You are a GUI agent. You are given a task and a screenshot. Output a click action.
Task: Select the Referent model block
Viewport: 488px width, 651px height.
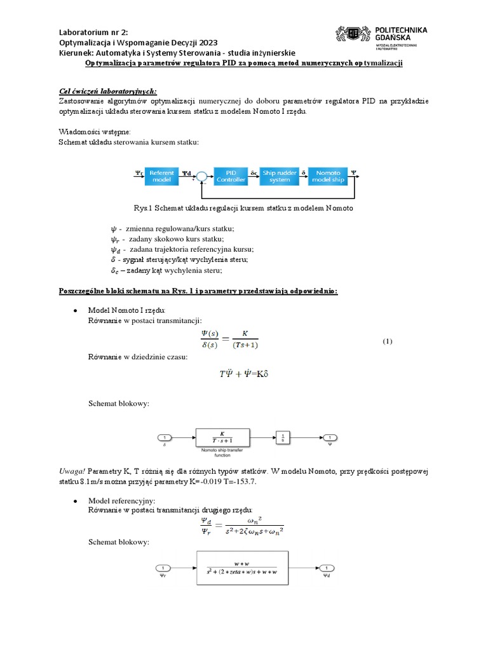163,176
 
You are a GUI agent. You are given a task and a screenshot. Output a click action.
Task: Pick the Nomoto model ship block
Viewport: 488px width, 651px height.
327,176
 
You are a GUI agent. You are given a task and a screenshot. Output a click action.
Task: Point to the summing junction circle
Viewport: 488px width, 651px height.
201,177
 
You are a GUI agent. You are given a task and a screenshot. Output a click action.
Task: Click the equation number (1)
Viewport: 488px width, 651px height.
388,341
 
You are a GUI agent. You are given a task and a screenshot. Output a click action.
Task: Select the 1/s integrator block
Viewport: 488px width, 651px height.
283,437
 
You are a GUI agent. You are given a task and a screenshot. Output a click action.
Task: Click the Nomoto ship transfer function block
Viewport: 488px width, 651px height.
222,437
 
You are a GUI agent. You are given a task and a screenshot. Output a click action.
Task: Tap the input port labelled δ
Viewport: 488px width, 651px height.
164,437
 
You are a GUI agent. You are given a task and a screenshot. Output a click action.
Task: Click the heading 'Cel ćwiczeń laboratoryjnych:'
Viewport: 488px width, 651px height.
104,91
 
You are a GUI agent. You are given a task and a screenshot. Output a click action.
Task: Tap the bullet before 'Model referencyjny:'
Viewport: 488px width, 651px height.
76,501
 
